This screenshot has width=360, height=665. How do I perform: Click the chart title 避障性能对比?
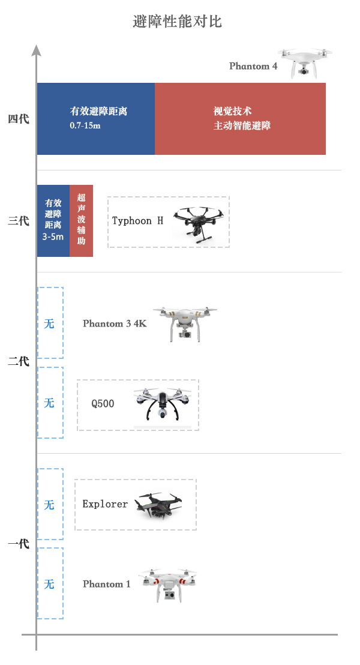coord(177,21)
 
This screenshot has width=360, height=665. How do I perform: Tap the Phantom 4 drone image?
coord(305,63)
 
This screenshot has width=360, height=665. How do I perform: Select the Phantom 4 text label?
coord(253,66)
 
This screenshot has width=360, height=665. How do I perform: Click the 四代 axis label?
coord(19,119)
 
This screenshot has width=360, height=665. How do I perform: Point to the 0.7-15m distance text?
coord(85,125)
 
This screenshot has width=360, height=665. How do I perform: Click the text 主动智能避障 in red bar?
coord(242,125)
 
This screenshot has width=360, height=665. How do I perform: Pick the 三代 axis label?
coord(19,221)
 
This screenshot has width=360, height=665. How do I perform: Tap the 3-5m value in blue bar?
coord(53,236)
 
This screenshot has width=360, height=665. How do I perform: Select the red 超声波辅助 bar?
coord(81,221)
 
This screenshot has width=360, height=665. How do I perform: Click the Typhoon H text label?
coord(137,221)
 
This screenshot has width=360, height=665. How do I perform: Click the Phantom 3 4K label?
coord(115,323)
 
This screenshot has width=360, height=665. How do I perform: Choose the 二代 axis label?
coord(19,361)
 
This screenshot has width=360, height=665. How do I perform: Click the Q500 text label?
coord(103,403)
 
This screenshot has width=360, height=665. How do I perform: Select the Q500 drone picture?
coord(163,405)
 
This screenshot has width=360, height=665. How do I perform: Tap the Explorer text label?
coord(105,504)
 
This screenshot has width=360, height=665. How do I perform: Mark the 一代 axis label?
coord(19,544)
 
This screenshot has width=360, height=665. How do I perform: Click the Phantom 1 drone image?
coord(168,585)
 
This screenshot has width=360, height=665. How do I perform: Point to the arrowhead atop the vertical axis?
coord(37,50)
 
